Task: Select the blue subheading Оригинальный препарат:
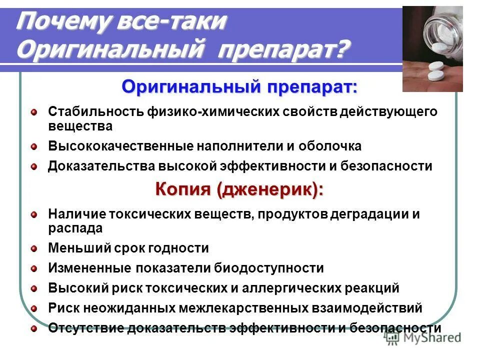(x=239, y=87)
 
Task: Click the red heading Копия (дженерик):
(x=239, y=190)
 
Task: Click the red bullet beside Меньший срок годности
(x=33, y=247)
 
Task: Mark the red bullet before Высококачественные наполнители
(x=33, y=146)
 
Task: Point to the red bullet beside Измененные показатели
(x=33, y=268)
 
